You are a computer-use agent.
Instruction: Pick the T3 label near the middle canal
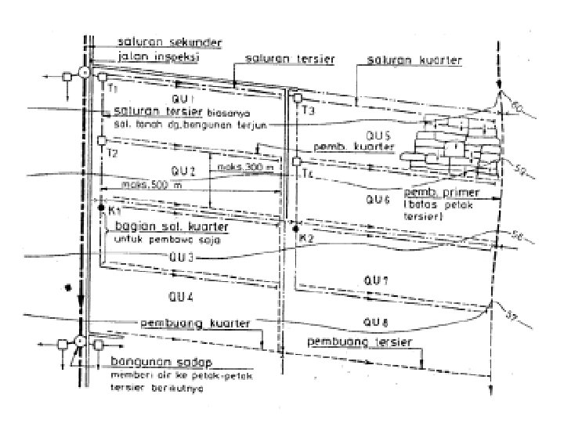coord(308,113)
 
